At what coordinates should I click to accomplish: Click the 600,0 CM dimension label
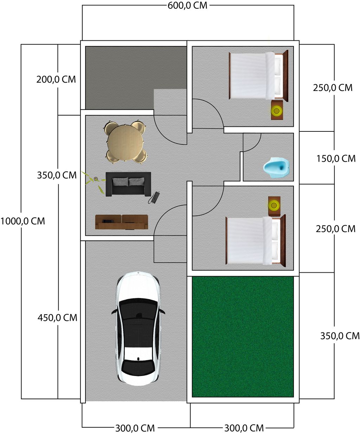click(187, 6)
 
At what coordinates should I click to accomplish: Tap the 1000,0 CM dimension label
click(22, 221)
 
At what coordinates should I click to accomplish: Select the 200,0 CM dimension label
click(56, 79)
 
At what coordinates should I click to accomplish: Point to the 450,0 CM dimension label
click(57, 318)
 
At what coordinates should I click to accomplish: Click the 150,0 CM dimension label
click(336, 159)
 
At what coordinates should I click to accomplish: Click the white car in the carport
click(138, 329)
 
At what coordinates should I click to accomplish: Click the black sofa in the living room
click(128, 184)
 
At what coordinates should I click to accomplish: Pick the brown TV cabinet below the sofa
click(122, 222)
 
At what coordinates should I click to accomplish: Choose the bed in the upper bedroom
click(258, 76)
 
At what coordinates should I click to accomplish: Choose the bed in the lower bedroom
click(256, 241)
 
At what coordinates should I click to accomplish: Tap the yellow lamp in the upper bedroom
click(276, 111)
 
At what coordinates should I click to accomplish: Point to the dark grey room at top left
click(136, 78)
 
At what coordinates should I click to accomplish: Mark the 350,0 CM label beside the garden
click(340, 336)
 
